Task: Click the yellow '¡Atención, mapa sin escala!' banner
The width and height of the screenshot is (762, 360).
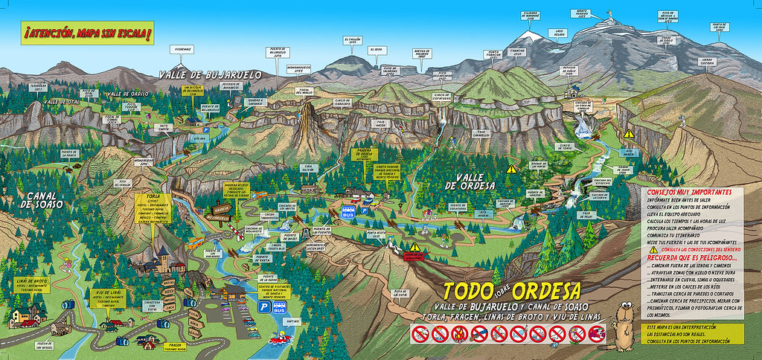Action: point(88,34)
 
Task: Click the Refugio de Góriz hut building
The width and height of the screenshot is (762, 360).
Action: point(574,92)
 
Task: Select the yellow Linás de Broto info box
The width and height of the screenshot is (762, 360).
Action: point(31,284)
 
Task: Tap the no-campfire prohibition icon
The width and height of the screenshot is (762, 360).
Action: point(421,335)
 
